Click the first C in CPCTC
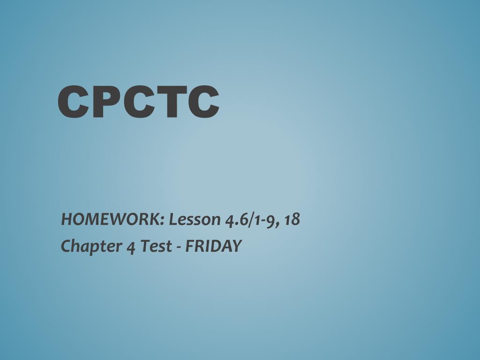click(x=73, y=102)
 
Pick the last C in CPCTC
click(x=203, y=102)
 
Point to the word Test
click(x=156, y=246)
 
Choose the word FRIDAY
click(x=214, y=246)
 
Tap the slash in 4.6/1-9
click(x=252, y=219)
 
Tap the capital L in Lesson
click(x=173, y=219)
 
